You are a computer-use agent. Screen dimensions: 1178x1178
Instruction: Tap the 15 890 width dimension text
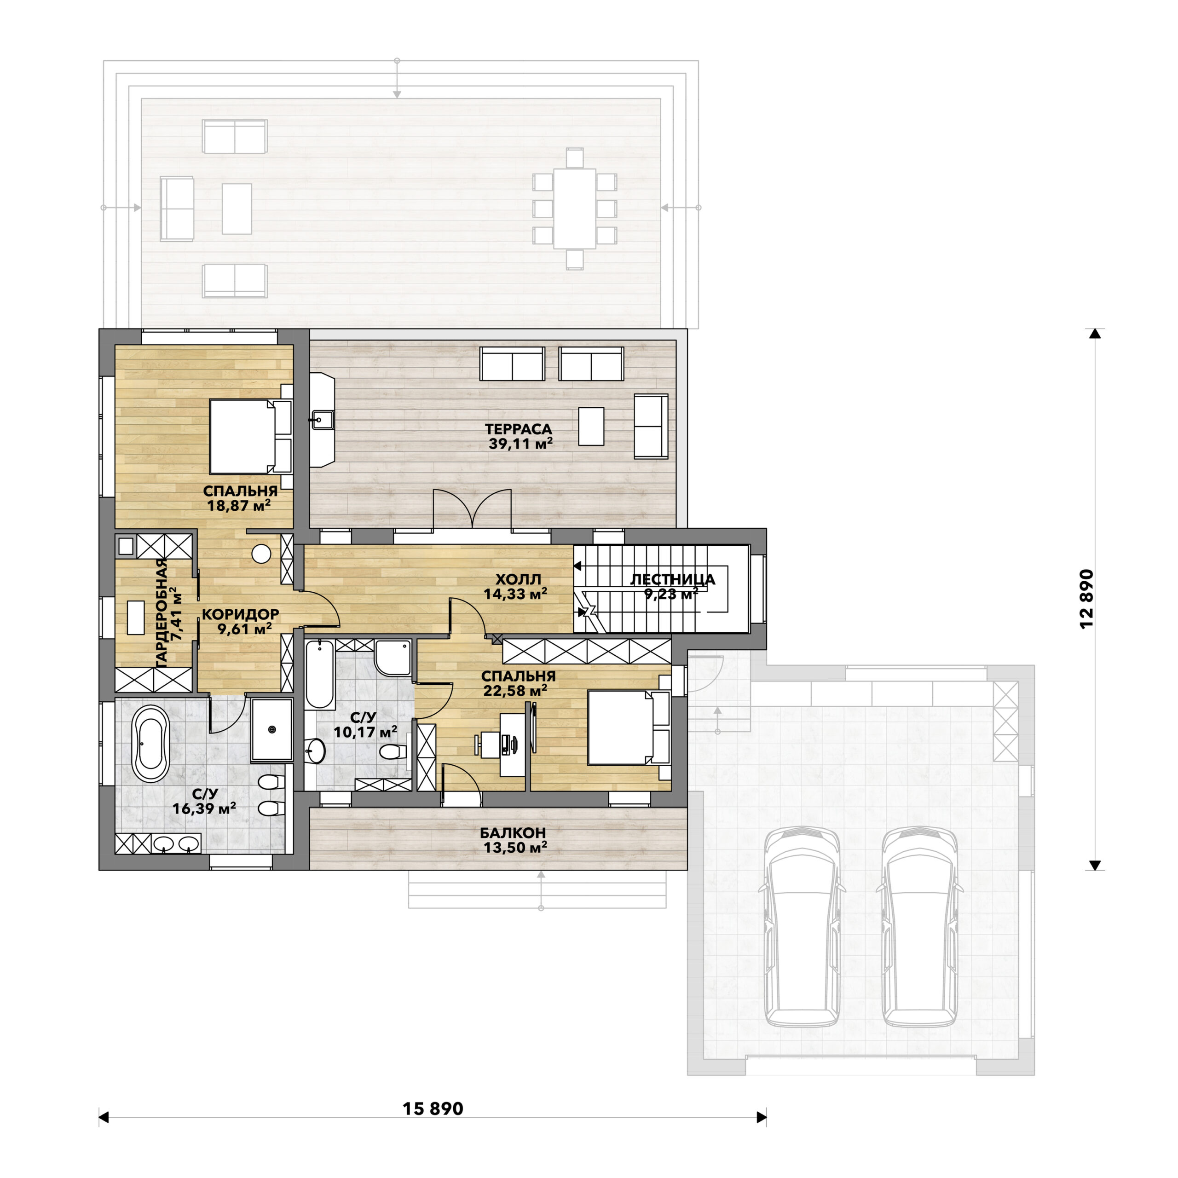coord(433,1109)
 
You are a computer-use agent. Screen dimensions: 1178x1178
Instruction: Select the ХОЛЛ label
coord(518,579)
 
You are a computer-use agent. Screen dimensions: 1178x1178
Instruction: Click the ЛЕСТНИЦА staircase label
coord(673,579)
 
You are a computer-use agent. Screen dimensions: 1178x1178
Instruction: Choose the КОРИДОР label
coord(240,614)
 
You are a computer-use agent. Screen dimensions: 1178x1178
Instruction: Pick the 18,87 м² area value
coord(238,505)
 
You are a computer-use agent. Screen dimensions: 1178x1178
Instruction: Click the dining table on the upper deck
coord(574,208)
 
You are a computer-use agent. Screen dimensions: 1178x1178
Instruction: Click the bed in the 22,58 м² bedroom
coord(629,728)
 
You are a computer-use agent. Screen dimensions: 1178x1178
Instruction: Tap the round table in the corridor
coord(261,553)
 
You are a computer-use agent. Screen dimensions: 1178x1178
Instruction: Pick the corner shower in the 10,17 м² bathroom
coord(393,658)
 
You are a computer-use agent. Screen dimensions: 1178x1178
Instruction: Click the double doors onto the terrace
coord(472,508)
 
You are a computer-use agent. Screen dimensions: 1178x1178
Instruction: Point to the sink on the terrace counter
coord(322,419)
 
